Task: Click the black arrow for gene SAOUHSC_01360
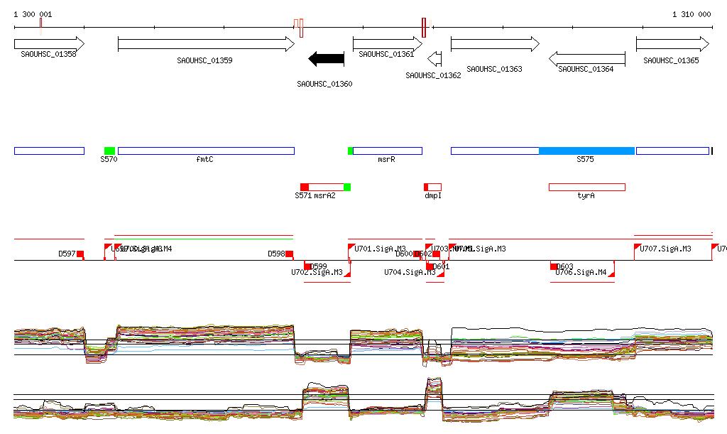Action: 326,59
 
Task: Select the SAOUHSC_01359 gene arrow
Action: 206,44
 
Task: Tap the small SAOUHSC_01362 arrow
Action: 435,58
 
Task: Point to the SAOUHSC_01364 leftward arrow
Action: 587,58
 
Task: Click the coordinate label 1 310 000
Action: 692,14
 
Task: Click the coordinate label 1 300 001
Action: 33,14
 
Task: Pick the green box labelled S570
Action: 109,151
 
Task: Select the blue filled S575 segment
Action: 586,151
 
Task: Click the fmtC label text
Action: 204,160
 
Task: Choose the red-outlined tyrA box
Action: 586,187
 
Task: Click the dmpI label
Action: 433,195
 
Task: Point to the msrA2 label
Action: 324,195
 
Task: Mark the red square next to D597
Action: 80,254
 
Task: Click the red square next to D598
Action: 290,254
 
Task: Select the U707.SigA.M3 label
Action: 665,249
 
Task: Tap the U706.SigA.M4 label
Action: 581,272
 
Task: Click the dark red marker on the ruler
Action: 424,27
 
